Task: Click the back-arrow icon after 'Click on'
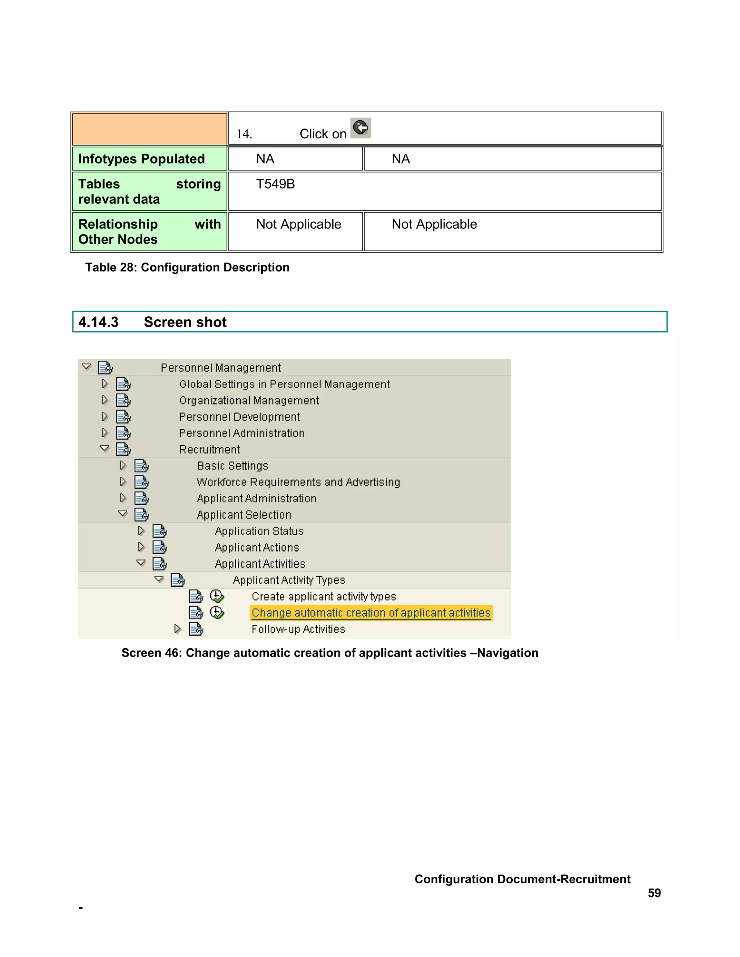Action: click(360, 127)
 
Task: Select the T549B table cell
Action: click(275, 184)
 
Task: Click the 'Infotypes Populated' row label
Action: click(141, 159)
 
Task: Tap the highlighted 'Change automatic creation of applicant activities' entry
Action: click(371, 612)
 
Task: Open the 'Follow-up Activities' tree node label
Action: click(298, 629)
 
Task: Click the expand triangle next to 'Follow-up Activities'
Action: click(177, 629)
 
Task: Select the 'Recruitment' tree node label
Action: click(209, 450)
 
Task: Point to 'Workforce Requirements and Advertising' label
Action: click(298, 482)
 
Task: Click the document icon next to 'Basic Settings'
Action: click(142, 466)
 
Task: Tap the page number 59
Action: click(654, 893)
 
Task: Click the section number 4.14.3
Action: click(98, 322)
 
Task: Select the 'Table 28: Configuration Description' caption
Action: click(187, 267)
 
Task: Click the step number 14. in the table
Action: click(244, 134)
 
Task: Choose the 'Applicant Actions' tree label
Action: click(257, 547)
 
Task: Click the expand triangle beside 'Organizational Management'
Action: click(104, 400)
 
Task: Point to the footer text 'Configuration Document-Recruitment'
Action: click(522, 879)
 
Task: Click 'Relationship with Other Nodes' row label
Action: click(149, 231)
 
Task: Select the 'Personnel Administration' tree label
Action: click(242, 433)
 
